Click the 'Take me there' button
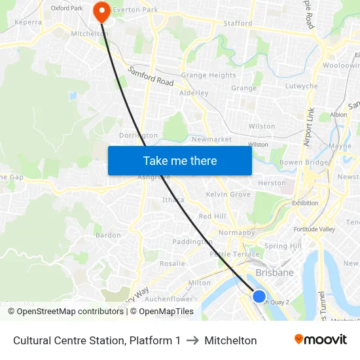[179, 160]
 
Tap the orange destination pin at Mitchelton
[102, 11]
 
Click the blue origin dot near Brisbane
[259, 297]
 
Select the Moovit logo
[320, 340]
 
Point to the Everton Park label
[135, 10]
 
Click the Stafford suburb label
[238, 24]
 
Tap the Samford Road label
[151, 77]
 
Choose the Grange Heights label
[208, 75]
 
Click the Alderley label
[194, 93]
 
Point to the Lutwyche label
[301, 86]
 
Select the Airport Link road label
[309, 127]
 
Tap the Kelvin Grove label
[228, 194]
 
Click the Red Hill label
[211, 216]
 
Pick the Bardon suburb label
[108, 235]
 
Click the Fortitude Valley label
[314, 229]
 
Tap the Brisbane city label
[274, 272]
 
